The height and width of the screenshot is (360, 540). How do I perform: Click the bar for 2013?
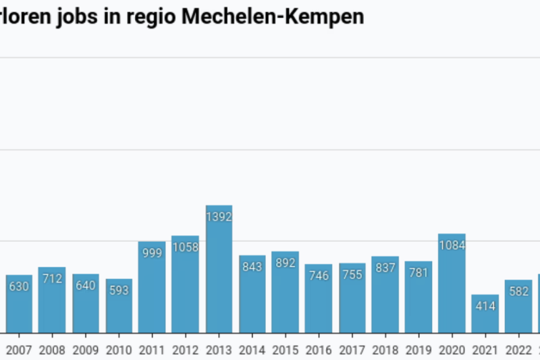pyautogui.click(x=219, y=270)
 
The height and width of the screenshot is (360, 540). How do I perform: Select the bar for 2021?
pyautogui.click(x=485, y=314)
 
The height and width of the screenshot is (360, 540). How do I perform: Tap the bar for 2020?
pyautogui.click(x=452, y=284)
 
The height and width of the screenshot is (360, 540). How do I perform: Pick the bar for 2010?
pyautogui.click(x=119, y=306)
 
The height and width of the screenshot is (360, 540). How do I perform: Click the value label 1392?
pyautogui.click(x=219, y=217)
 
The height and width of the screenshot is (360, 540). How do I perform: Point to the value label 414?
pyautogui.click(x=485, y=306)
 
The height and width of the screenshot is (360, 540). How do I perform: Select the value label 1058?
pyautogui.click(x=185, y=247)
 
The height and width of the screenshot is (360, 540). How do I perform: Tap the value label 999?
pyautogui.click(x=152, y=253)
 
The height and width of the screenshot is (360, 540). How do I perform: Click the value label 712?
pyautogui.click(x=52, y=278)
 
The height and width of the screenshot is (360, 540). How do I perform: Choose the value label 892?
pyautogui.click(x=285, y=263)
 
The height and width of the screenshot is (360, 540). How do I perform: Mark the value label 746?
pyautogui.click(x=319, y=276)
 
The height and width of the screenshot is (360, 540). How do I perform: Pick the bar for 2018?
pyautogui.click(x=385, y=295)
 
